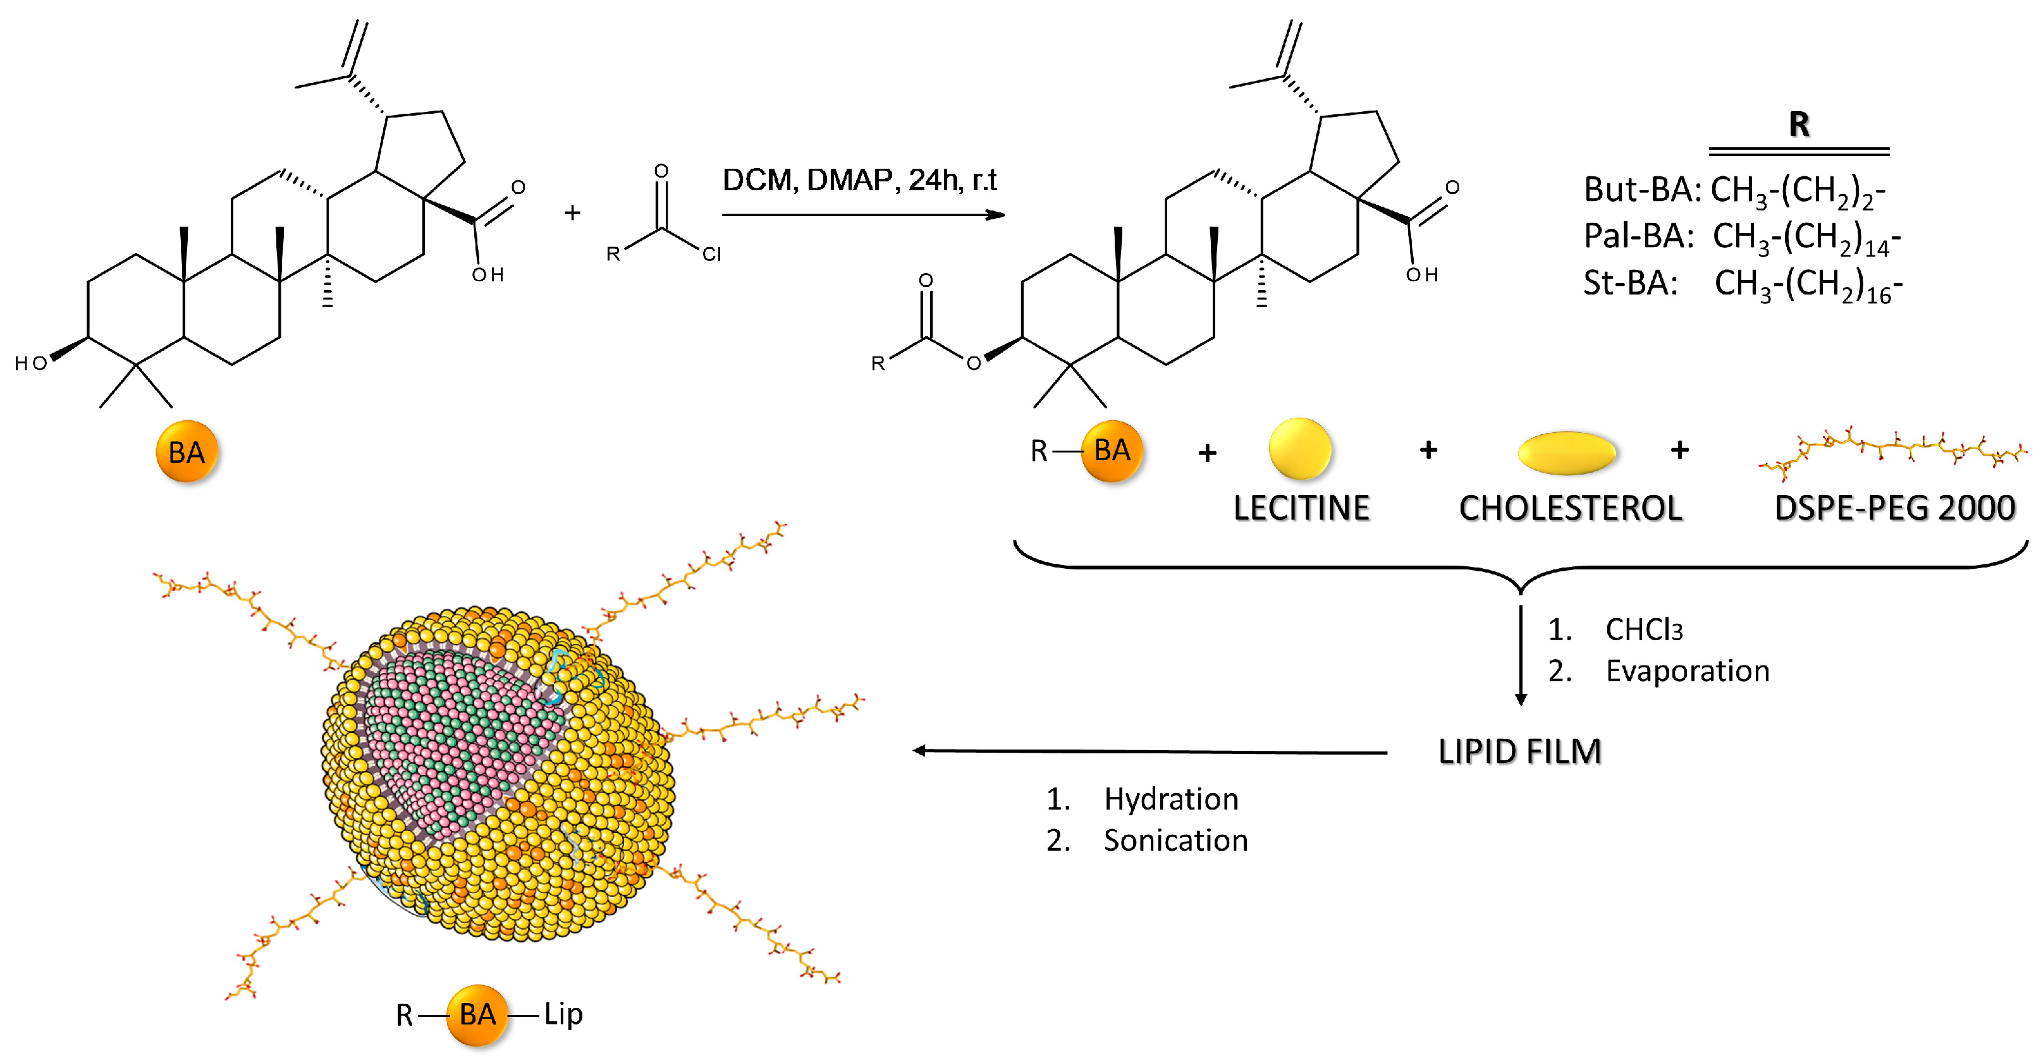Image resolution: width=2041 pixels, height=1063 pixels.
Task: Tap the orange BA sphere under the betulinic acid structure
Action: (187, 451)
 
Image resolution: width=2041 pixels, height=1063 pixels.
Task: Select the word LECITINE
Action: (1301, 507)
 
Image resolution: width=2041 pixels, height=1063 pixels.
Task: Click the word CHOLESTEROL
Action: (1571, 507)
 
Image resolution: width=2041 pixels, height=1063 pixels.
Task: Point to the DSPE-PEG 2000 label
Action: (1894, 507)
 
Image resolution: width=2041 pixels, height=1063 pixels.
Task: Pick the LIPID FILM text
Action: (1519, 751)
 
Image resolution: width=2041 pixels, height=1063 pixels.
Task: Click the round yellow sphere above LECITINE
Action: (1299, 448)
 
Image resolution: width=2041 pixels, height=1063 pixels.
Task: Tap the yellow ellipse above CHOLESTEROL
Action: (1566, 453)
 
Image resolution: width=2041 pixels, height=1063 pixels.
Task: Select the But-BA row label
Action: (1641, 190)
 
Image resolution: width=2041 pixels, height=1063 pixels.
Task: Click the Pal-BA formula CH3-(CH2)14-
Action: (1806, 238)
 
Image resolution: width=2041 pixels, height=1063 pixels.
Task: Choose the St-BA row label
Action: (1631, 282)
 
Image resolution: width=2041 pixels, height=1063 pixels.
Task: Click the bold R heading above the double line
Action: (1799, 125)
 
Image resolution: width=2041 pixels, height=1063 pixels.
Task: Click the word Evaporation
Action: (1687, 671)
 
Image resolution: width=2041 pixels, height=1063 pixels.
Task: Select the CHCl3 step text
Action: (1643, 629)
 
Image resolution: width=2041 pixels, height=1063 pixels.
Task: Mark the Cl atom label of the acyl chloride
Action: (711, 254)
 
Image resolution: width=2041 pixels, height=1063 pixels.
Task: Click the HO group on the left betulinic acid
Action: (32, 363)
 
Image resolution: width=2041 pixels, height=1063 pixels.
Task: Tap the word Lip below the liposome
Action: (563, 1014)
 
